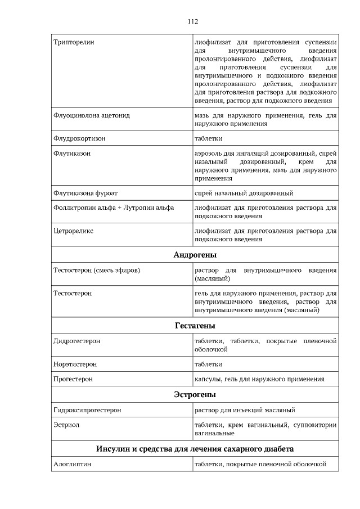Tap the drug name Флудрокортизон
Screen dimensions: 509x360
click(x=79, y=138)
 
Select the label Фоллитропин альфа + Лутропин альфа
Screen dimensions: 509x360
click(x=113, y=208)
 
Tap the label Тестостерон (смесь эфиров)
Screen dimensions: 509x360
click(x=96, y=270)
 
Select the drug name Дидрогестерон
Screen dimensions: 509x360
click(x=76, y=341)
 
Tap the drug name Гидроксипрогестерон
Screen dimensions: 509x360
click(x=87, y=410)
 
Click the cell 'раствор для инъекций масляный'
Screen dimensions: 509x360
click(x=245, y=410)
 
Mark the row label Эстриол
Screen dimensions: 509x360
click(x=66, y=425)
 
